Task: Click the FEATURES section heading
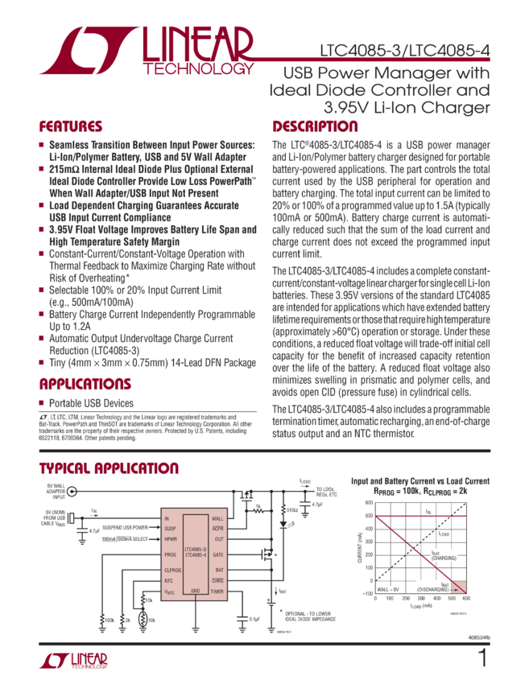(x=71, y=127)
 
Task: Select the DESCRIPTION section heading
(x=315, y=127)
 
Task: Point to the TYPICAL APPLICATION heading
(x=109, y=468)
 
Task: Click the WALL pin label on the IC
(x=217, y=518)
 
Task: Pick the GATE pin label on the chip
(x=217, y=555)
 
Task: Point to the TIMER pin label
(x=217, y=591)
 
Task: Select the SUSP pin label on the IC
(x=169, y=528)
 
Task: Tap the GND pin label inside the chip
(x=195, y=591)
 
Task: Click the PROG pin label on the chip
(x=170, y=554)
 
